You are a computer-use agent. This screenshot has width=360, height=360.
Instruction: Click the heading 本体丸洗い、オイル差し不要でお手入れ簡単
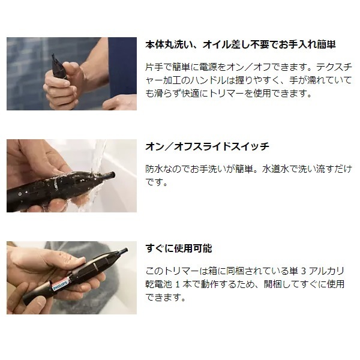point(241,44)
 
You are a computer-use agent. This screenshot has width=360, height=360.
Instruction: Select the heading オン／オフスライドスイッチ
point(207,146)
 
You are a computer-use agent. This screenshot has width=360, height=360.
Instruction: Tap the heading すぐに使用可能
point(179,248)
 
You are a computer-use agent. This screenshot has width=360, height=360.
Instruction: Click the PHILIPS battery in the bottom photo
point(59,284)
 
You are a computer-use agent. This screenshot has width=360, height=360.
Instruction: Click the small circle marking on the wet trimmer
point(20,194)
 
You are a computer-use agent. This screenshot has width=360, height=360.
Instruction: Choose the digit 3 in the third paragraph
point(303,271)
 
